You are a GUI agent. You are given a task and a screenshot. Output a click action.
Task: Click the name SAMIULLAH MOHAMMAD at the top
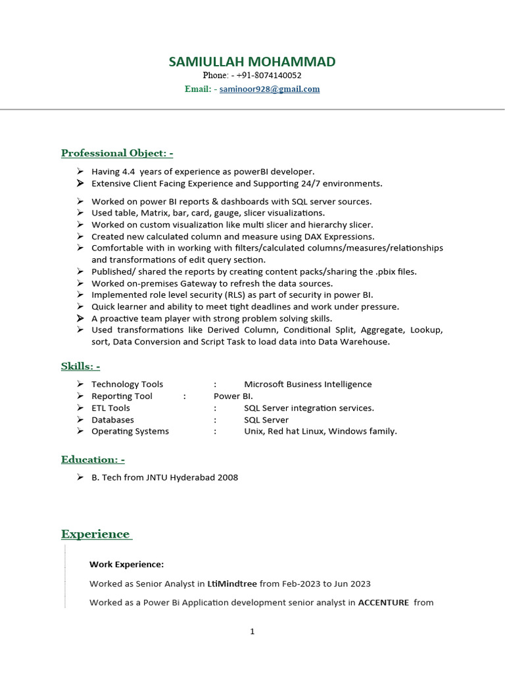tap(252, 62)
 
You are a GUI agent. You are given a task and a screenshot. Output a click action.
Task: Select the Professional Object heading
tap(117, 153)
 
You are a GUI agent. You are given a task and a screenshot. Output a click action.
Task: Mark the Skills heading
tap(80, 366)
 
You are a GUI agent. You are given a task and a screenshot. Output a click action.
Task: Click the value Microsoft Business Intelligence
tap(308, 384)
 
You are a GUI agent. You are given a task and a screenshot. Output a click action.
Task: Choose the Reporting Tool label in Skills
tap(122, 396)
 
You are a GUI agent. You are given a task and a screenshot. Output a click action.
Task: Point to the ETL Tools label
tap(110, 408)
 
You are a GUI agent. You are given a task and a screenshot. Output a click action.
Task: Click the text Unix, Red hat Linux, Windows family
tap(320, 432)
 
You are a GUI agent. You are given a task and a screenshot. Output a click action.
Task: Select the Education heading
tap(93, 459)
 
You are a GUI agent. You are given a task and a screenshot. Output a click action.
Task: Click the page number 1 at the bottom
tap(252, 632)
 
